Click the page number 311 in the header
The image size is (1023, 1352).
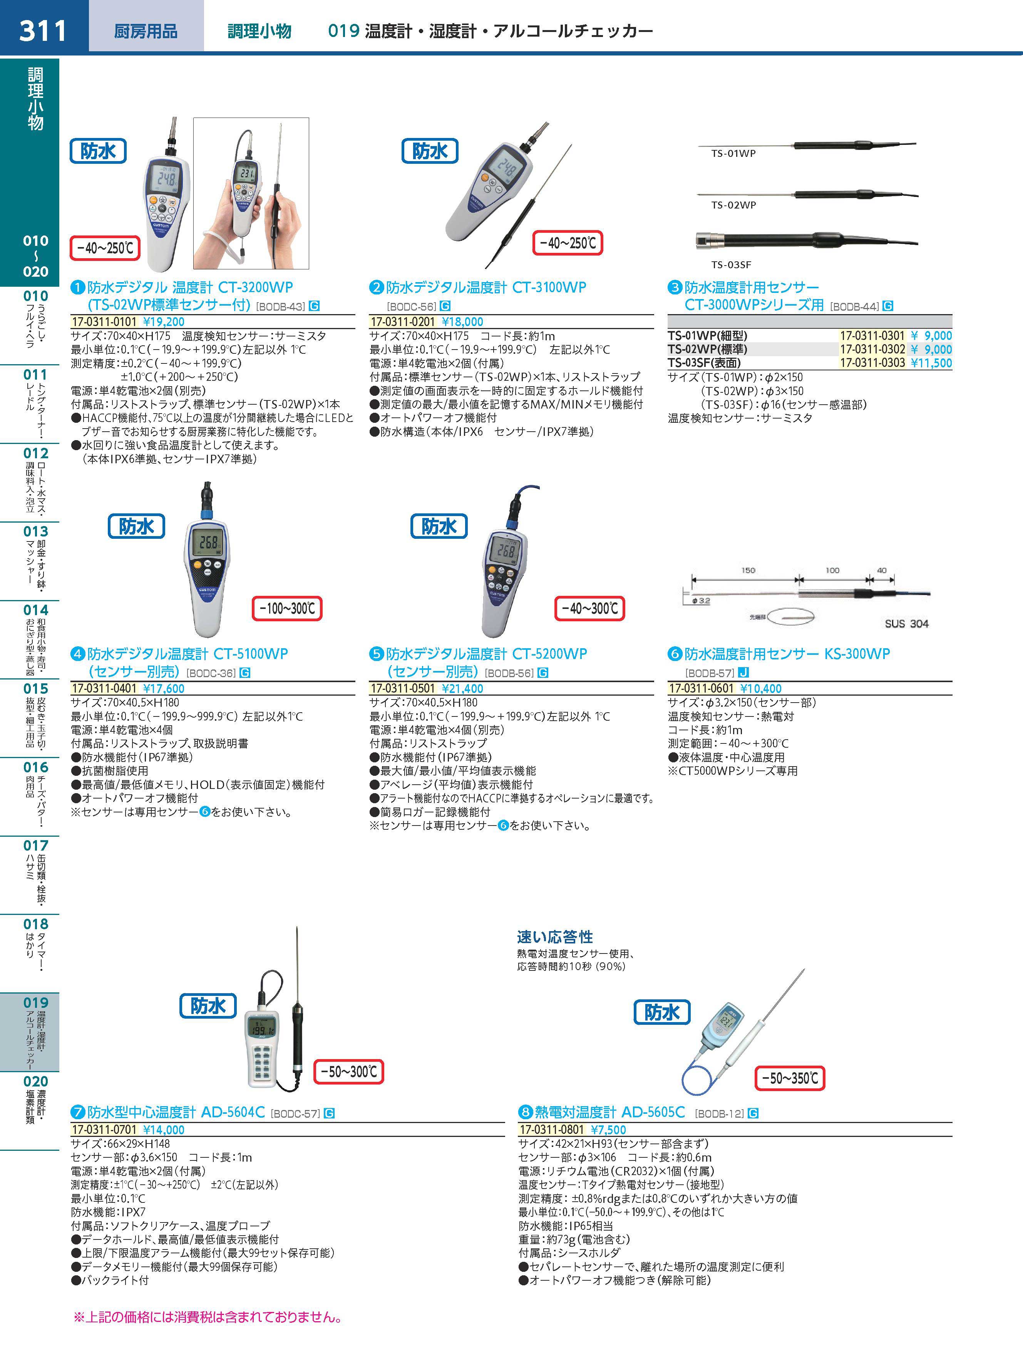pyautogui.click(x=43, y=30)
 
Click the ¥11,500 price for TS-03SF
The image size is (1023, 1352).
pyautogui.click(x=931, y=363)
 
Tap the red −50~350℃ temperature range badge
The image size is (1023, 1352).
pyautogui.click(x=790, y=1078)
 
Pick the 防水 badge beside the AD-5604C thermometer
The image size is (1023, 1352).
pyautogui.click(x=208, y=1006)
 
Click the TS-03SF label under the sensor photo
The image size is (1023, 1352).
pyautogui.click(x=731, y=265)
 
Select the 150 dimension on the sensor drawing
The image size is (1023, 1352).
pyautogui.click(x=748, y=570)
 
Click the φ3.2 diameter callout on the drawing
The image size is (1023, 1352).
pyautogui.click(x=701, y=601)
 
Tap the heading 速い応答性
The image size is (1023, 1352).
pyautogui.click(x=554, y=937)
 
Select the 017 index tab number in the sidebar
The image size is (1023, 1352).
pyautogui.click(x=35, y=846)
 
